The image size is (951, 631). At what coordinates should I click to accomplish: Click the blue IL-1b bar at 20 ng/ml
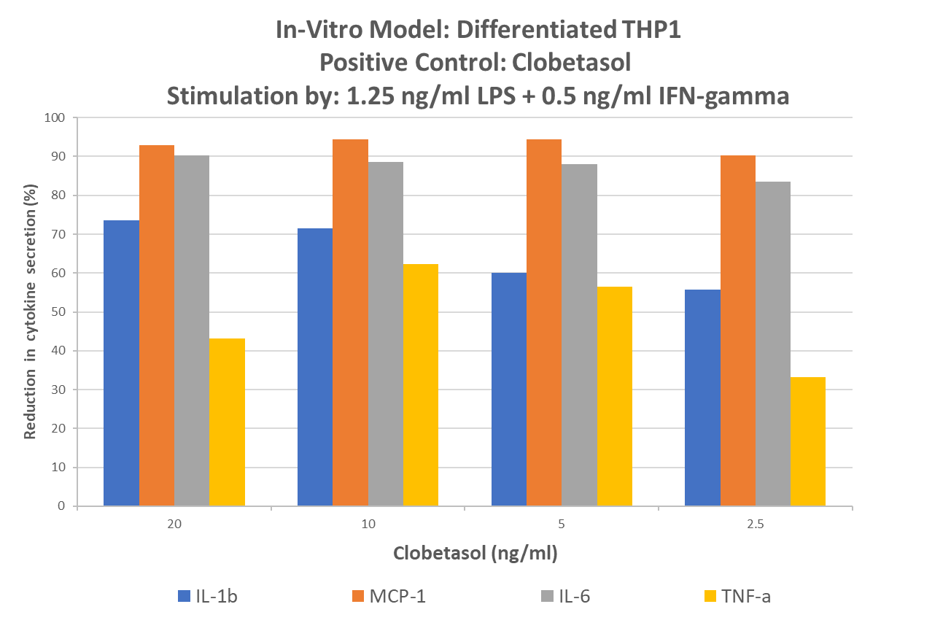(x=121, y=363)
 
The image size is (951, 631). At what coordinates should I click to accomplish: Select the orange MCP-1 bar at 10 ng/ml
(x=350, y=322)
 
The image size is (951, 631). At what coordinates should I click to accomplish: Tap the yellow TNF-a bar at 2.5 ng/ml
(x=807, y=441)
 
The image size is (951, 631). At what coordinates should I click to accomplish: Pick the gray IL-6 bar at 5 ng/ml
(x=579, y=335)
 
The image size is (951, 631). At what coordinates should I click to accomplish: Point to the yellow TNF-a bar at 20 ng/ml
(x=227, y=422)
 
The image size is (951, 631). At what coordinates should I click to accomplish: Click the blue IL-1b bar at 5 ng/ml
(x=509, y=389)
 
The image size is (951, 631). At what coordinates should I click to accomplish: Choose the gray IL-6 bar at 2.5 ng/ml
(x=772, y=344)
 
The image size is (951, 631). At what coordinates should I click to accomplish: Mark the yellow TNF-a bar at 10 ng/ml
(x=420, y=385)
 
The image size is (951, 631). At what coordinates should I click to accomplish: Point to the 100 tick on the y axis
(x=55, y=117)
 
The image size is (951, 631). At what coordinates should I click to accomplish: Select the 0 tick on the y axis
(x=61, y=506)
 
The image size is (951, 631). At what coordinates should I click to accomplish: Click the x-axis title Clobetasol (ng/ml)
(x=475, y=554)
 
